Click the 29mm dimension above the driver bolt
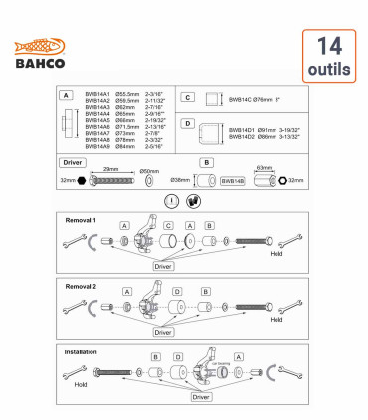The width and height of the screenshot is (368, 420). click(109, 170)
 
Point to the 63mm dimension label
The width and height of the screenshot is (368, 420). click(264, 169)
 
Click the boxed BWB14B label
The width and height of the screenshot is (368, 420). click(232, 181)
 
